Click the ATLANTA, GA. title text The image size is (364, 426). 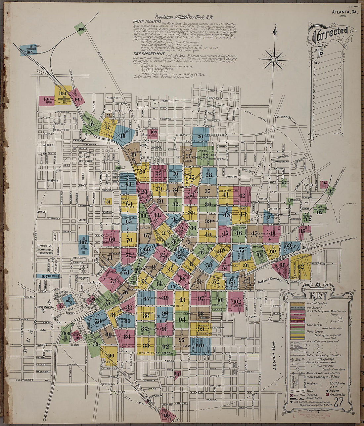[345, 12]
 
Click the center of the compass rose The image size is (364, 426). [274, 60]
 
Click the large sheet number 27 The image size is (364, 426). [338, 403]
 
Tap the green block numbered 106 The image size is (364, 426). [80, 29]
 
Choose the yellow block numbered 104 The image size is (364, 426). [63, 96]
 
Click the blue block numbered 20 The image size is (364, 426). [200, 136]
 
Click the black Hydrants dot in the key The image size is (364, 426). [327, 390]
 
